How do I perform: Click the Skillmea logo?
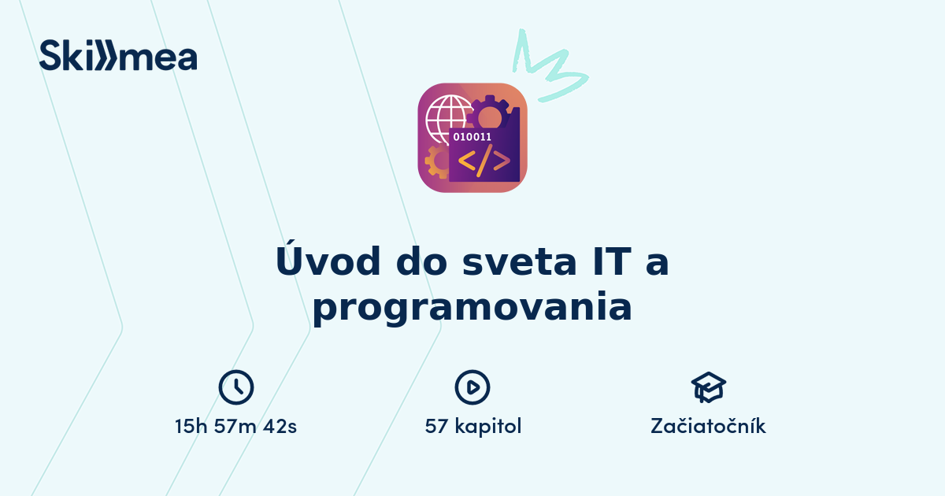[118, 56]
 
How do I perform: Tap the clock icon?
[236, 387]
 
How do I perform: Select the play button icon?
[472, 387]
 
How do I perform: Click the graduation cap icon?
[708, 387]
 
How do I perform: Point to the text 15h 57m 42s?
[236, 427]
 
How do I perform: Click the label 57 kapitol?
[473, 427]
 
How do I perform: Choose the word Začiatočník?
[708, 427]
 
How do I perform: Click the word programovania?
[472, 307]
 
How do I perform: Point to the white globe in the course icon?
[446, 119]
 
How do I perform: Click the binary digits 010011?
[472, 136]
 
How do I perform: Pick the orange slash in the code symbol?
[484, 160]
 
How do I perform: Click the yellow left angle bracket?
[465, 161]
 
